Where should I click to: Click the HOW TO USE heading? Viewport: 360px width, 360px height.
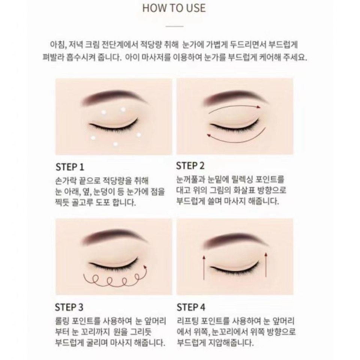pyautogui.click(x=174, y=8)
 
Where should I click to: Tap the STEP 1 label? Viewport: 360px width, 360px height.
pyautogui.click(x=70, y=167)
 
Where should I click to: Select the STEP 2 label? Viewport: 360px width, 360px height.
pyautogui.click(x=190, y=166)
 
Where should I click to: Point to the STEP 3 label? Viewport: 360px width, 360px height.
pyautogui.click(x=69, y=307)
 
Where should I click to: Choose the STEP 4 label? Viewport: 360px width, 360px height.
pyautogui.click(x=191, y=307)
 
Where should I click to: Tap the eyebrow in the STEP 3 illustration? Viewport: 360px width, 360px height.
pyautogui.click(x=114, y=237)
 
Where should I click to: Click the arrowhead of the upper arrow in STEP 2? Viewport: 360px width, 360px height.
pyautogui.click(x=259, y=107)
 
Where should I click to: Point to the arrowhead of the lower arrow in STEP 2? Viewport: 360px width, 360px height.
pyautogui.click(x=209, y=135)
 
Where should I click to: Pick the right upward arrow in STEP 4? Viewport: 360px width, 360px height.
pyautogui.click(x=266, y=265)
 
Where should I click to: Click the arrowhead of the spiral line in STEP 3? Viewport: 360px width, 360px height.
pyautogui.click(x=145, y=267)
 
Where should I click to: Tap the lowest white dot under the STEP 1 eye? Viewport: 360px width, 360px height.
pyautogui.click(x=115, y=144)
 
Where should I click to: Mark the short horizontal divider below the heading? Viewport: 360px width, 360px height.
pyautogui.click(x=174, y=26)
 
